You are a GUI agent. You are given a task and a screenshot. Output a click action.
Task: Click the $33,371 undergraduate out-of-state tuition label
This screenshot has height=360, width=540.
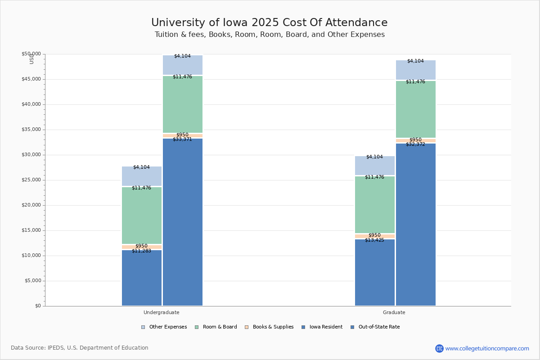pyautogui.click(x=182, y=139)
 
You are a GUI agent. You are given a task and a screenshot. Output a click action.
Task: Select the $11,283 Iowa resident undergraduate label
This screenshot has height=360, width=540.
pyautogui.click(x=141, y=251)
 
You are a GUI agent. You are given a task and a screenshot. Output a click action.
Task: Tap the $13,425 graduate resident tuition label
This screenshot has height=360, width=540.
pyautogui.click(x=374, y=240)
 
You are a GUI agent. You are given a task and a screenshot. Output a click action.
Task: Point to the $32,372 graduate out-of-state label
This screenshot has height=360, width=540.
pyautogui.click(x=415, y=144)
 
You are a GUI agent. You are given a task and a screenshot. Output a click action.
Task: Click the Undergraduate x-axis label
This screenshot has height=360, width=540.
pyautogui.click(x=161, y=312)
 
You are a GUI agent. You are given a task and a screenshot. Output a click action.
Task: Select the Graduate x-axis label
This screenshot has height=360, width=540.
pyautogui.click(x=394, y=312)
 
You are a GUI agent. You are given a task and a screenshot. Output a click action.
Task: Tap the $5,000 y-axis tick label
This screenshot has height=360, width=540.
pyautogui.click(x=32, y=281)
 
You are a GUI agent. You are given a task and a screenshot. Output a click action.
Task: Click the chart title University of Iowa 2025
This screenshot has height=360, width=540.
pyautogui.click(x=269, y=22)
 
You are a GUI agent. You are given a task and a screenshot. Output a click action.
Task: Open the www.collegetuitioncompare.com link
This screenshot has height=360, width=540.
pyautogui.click(x=487, y=348)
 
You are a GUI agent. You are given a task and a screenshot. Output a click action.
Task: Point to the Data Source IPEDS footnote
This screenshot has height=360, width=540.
pyautogui.click(x=80, y=348)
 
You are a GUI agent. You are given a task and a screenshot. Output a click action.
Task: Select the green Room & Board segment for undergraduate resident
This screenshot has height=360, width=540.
pyautogui.click(x=141, y=216)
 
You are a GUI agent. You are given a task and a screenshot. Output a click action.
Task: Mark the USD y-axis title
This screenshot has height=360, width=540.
pyautogui.click(x=31, y=58)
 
